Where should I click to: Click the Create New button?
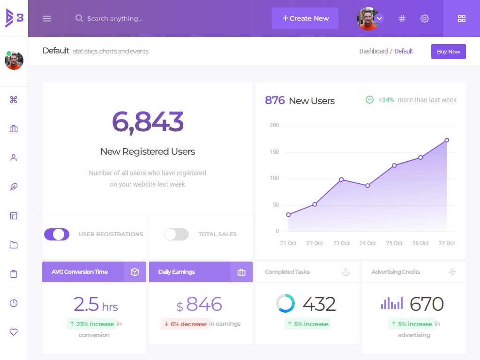click(x=305, y=18)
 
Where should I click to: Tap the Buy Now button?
click(x=448, y=52)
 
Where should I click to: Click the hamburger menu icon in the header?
click(x=47, y=18)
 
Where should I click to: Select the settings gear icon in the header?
click(x=425, y=18)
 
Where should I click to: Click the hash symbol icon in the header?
click(x=402, y=18)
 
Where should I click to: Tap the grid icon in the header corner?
click(x=462, y=18)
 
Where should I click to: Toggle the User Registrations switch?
click(x=57, y=234)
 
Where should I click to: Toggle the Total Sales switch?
click(x=176, y=234)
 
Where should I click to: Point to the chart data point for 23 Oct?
click(x=341, y=180)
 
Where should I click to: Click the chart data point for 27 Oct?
click(x=447, y=140)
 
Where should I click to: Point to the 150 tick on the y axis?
click(x=274, y=152)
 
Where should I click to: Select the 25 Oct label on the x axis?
click(x=394, y=243)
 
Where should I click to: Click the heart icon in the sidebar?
click(x=14, y=332)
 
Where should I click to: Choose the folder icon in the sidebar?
click(x=14, y=245)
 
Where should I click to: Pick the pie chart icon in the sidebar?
click(x=14, y=303)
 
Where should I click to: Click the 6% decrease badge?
click(x=185, y=324)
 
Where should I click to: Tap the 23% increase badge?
click(x=91, y=324)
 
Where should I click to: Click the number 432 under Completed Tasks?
click(x=319, y=304)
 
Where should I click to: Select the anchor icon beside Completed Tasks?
click(x=345, y=272)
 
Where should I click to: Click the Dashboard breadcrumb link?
click(x=374, y=51)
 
